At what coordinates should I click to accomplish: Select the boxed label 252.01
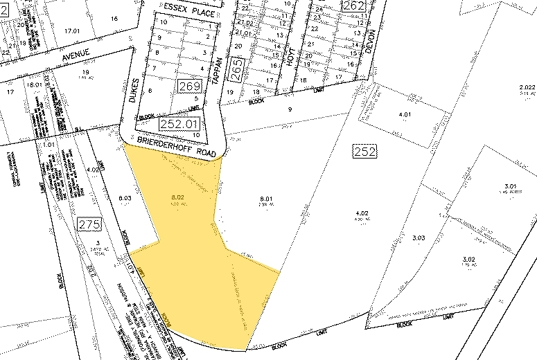(176, 124)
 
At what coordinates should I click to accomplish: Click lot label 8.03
(125, 198)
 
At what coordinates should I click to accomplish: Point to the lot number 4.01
(404, 115)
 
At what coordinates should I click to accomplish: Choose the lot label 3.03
(418, 238)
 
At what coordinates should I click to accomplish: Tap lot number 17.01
(69, 31)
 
